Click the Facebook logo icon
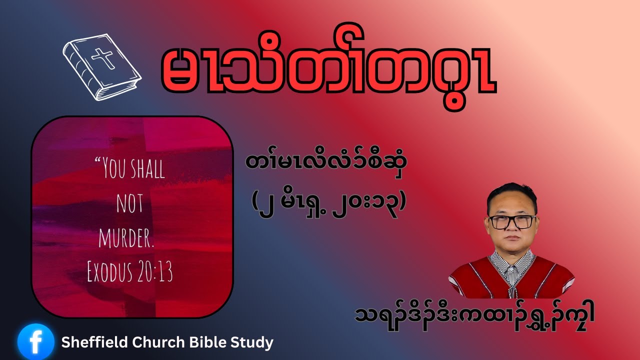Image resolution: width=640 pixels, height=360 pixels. (35, 342)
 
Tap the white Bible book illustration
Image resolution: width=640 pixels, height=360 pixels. (102, 67)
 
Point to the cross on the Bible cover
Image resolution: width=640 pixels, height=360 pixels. (103, 58)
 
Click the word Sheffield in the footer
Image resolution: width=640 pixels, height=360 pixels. (94, 342)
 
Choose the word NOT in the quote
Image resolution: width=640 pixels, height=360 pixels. (130, 203)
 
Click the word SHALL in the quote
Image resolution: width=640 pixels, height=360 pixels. (147, 168)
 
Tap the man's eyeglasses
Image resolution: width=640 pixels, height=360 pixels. (512, 222)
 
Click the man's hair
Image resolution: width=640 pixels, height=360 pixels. (511, 195)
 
